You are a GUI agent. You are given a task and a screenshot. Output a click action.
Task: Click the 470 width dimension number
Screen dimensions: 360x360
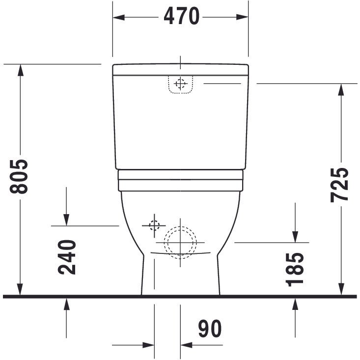click(181, 16)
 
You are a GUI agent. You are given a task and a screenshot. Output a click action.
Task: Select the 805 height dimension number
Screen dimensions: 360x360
click(19, 176)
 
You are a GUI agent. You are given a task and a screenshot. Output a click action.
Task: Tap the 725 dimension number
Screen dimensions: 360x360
click(339, 185)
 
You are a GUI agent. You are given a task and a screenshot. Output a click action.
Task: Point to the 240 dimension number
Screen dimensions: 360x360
click(67, 257)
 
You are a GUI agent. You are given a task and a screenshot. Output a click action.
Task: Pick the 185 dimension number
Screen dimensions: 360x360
click(295, 270)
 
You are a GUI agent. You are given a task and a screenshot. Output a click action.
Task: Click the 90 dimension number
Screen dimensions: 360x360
click(210, 329)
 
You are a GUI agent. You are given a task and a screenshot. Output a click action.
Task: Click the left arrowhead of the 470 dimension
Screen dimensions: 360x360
click(119, 17)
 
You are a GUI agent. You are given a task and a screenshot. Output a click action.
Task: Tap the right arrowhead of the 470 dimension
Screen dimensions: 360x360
click(242, 17)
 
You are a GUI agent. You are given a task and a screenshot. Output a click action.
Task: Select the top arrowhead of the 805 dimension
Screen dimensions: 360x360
click(21, 70)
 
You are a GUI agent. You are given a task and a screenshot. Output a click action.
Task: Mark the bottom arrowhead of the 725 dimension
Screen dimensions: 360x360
click(341, 289)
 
